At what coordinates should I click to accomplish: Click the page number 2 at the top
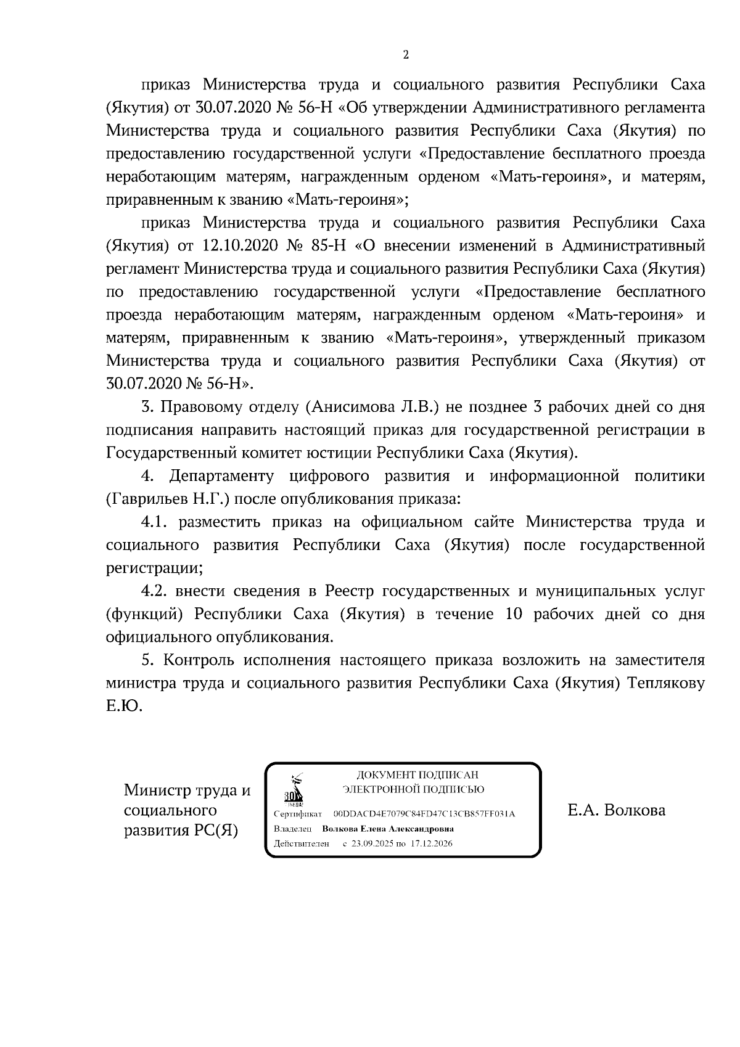click(405, 55)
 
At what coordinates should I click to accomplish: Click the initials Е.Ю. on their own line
click(124, 706)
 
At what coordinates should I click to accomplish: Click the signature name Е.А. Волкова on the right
click(616, 810)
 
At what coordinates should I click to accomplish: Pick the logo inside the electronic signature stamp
click(293, 790)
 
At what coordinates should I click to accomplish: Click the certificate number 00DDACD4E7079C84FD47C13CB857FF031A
click(423, 814)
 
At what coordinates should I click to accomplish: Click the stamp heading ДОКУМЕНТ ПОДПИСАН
click(417, 775)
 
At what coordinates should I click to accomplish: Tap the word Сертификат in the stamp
click(298, 814)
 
